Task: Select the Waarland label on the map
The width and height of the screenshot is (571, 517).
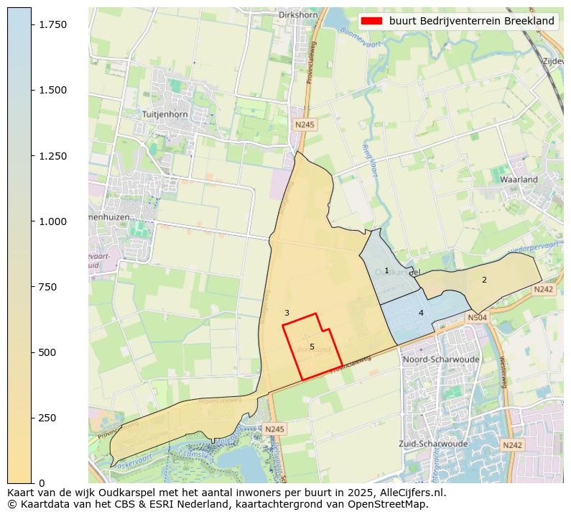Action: (x=519, y=179)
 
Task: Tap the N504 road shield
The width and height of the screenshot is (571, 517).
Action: (x=477, y=317)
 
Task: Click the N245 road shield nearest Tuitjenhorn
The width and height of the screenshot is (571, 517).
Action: (x=305, y=124)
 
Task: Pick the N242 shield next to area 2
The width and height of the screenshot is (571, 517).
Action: (x=543, y=289)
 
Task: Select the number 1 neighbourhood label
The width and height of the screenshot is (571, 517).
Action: (x=386, y=271)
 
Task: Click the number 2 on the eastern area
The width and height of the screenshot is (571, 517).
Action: (x=484, y=280)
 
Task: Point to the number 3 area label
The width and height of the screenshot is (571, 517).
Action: (x=287, y=313)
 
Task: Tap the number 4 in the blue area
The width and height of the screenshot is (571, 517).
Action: (x=421, y=313)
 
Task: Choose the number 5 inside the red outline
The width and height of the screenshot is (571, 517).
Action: (x=312, y=347)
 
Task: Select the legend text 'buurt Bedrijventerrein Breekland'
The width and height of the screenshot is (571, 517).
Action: (x=471, y=21)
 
